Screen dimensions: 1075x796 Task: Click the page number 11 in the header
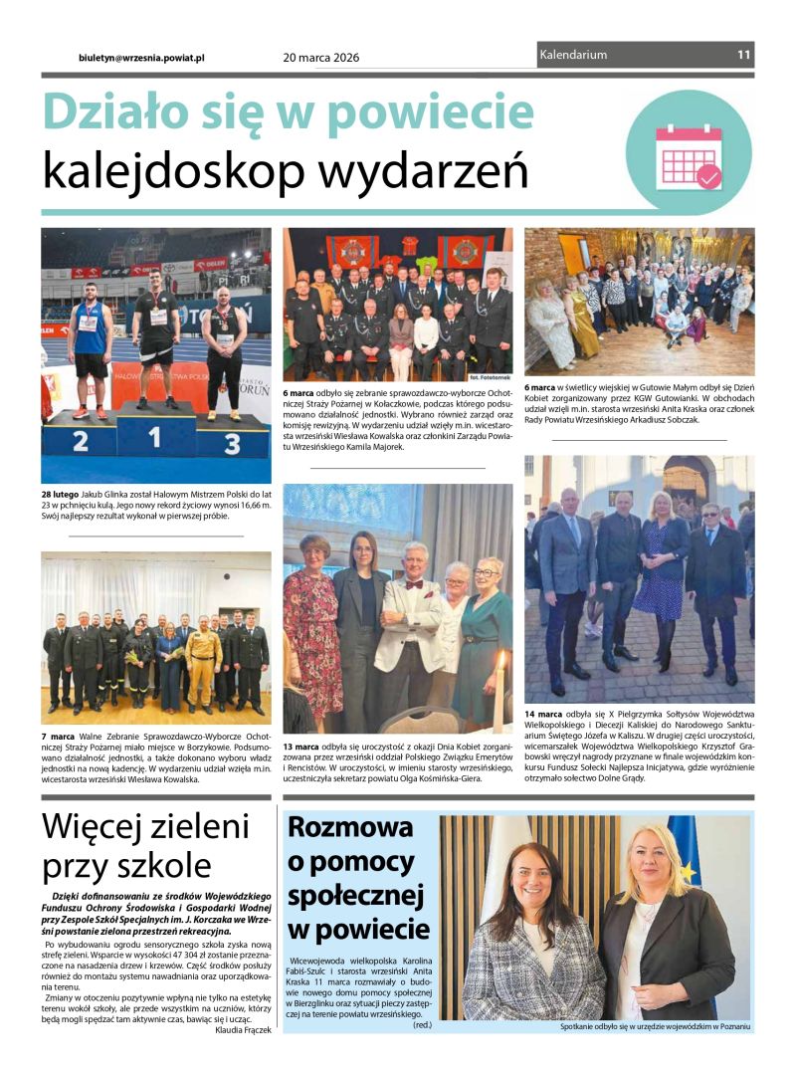tap(743, 55)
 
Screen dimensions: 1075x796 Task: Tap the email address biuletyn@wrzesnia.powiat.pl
tap(141, 58)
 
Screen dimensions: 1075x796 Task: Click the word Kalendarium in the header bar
tap(573, 55)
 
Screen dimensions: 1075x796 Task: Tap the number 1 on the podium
tap(155, 437)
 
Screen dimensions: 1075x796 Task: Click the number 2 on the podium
tap(80, 441)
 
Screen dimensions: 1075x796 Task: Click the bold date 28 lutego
tap(61, 495)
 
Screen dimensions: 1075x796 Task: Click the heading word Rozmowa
tap(336, 827)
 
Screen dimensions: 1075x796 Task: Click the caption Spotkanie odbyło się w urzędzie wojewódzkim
tap(654, 1025)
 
